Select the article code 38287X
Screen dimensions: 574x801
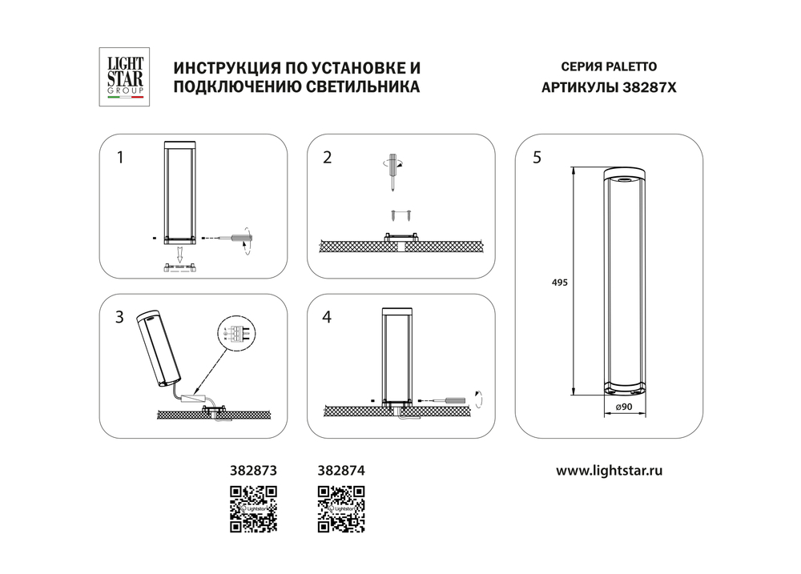[x=650, y=89]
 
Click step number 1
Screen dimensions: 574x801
[x=120, y=157]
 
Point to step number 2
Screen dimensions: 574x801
[x=327, y=157]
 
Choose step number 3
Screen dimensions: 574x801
[x=120, y=317]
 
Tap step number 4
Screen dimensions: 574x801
[x=327, y=317]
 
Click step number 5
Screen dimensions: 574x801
[x=537, y=157]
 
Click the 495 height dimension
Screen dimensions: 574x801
[x=561, y=283]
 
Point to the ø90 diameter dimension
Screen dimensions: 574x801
[x=625, y=408]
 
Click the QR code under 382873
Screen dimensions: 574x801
[x=253, y=508]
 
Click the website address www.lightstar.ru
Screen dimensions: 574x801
[x=609, y=471]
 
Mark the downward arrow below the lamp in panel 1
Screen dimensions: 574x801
[x=180, y=256]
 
